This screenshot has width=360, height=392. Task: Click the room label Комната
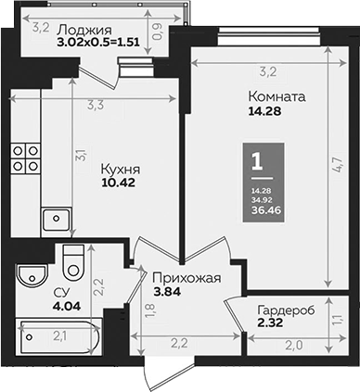click(276, 95)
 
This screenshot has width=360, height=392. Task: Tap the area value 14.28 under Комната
click(263, 112)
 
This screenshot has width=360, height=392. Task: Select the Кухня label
click(121, 171)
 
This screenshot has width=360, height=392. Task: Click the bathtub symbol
click(56, 337)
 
